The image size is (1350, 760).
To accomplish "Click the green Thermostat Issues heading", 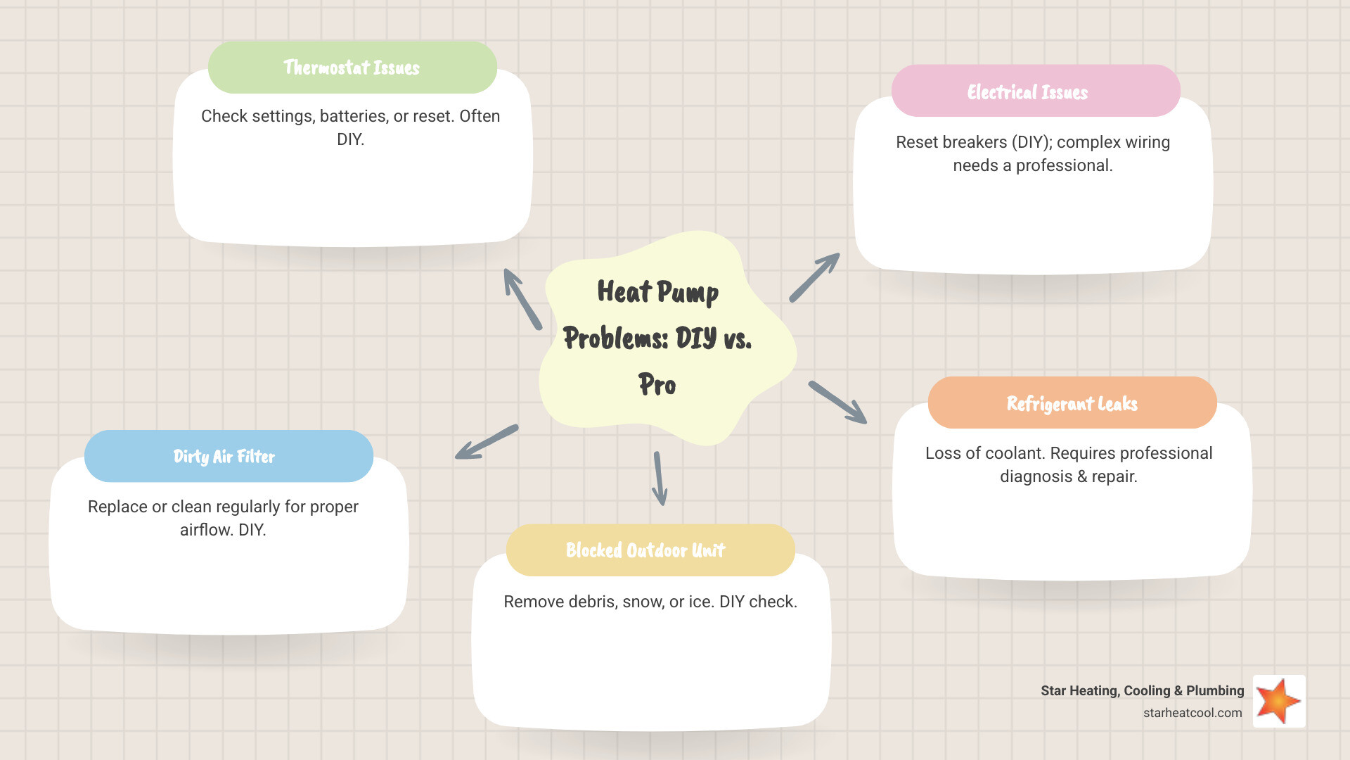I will (x=352, y=68).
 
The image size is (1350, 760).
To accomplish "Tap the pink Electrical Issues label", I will (x=1027, y=92).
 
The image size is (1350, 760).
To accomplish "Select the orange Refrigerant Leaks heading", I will (x=1072, y=403).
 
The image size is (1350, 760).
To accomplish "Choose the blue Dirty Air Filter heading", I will (x=224, y=457).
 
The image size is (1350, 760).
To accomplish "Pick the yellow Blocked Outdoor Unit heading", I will (x=645, y=550).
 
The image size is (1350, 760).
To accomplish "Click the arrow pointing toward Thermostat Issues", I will (x=522, y=298).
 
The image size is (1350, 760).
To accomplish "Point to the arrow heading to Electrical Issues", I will (x=814, y=277).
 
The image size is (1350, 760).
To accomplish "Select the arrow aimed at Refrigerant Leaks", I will (x=837, y=403).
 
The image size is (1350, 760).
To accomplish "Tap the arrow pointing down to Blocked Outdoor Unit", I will (x=660, y=479).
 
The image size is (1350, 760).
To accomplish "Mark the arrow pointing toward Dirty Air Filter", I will (x=487, y=442).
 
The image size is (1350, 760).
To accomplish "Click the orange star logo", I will (x=1279, y=701).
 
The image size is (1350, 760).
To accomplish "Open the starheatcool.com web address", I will (x=1192, y=713).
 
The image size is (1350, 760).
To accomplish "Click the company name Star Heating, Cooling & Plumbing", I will (x=1142, y=690).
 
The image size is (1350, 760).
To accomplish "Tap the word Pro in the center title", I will (x=657, y=385).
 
